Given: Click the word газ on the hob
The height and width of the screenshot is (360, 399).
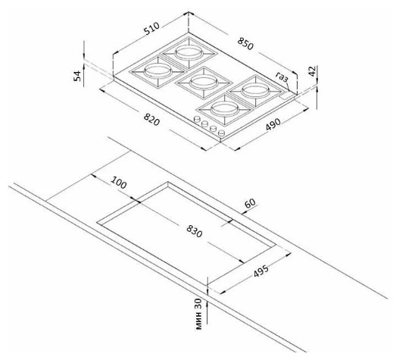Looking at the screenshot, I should click(x=283, y=76).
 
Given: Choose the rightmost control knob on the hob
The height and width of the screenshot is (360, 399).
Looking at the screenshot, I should click(x=223, y=135).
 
